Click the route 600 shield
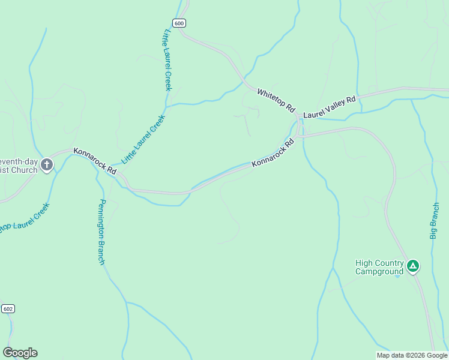[179, 23]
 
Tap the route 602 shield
[8, 308]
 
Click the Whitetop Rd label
[276, 100]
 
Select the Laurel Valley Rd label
[330, 107]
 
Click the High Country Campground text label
[379, 267]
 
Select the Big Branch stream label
[435, 221]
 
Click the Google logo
[20, 353]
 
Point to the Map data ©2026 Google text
[412, 355]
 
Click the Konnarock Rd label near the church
[95, 161]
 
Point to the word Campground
[379, 271]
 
